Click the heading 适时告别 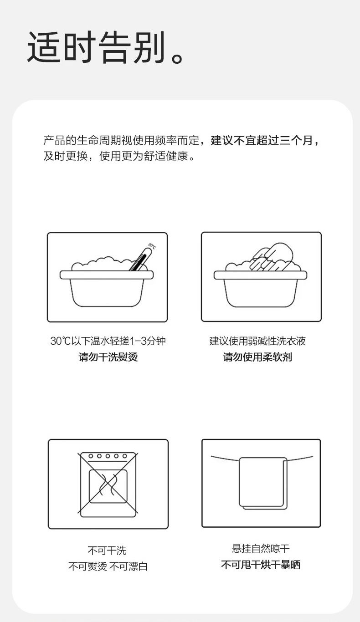click(106, 48)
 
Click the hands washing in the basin click(271, 257)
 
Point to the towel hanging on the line click(263, 484)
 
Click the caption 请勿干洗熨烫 click(108, 357)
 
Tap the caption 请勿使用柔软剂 click(258, 357)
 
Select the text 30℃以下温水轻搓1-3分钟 click(108, 341)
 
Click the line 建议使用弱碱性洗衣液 click(258, 341)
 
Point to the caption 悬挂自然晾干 click(261, 549)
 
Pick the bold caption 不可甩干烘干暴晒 click(261, 565)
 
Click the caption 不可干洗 click(107, 550)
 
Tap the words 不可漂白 click(128, 566)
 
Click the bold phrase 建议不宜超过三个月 click(262, 141)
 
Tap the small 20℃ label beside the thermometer click(152, 246)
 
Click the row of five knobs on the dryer click(108, 456)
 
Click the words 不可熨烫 click(87, 566)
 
